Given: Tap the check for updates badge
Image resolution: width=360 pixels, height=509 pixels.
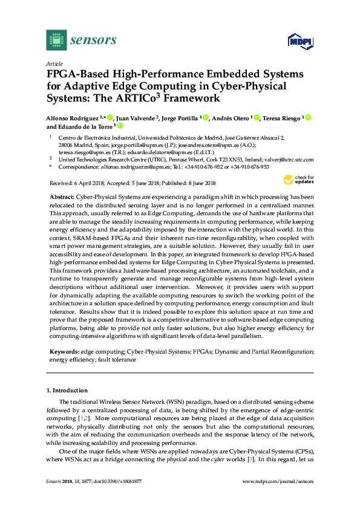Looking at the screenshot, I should (x=295, y=180).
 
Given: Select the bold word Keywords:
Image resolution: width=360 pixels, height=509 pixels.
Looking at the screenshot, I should (x=62, y=351).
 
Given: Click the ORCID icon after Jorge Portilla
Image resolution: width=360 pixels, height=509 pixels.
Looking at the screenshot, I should (x=205, y=118).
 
